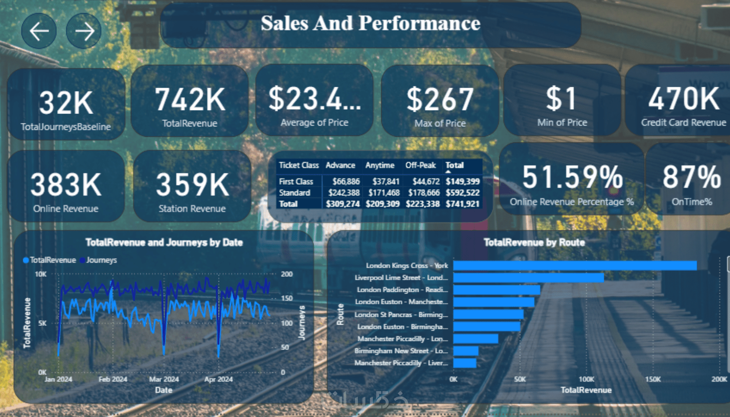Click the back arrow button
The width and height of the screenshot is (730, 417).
click(x=39, y=31)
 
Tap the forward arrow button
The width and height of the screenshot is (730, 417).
click(x=84, y=31)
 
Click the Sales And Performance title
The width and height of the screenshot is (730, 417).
click(x=370, y=23)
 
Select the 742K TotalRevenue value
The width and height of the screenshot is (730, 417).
click(x=190, y=100)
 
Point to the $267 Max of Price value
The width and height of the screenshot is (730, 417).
click(x=440, y=100)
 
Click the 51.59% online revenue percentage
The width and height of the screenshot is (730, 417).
click(x=572, y=177)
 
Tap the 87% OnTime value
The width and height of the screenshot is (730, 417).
click(x=691, y=177)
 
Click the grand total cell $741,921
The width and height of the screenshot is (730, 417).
click(x=462, y=204)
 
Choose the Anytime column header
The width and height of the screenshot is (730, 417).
click(x=380, y=165)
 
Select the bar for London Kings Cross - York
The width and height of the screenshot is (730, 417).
click(x=575, y=266)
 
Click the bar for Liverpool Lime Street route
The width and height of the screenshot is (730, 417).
click(x=528, y=278)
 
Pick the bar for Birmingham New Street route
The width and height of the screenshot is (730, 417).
click(x=466, y=351)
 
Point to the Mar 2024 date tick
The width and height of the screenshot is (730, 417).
click(x=164, y=379)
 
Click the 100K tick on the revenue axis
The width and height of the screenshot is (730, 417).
click(x=586, y=379)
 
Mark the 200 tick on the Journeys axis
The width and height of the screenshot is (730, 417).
click(x=287, y=274)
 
